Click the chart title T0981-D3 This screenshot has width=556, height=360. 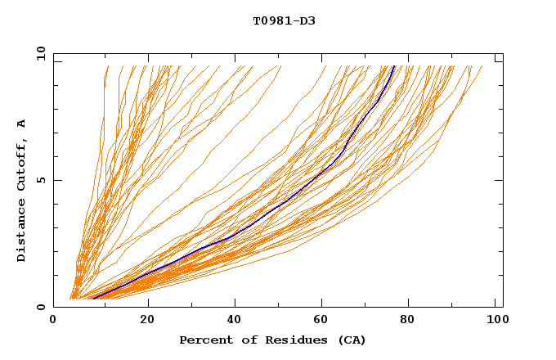point(284,20)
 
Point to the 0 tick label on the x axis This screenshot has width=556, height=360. point(53,320)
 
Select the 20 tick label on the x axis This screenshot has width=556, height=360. point(148,320)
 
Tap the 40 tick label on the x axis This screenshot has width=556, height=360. point(236,320)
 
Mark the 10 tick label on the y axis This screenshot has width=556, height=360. point(40,52)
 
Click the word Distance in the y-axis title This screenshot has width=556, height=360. point(21,230)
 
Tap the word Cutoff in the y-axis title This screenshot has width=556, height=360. point(21,160)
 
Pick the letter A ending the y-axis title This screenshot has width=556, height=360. point(21,123)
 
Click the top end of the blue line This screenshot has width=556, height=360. point(394,66)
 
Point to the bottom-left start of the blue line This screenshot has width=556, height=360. point(95,298)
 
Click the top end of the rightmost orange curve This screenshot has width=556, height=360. point(482,66)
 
